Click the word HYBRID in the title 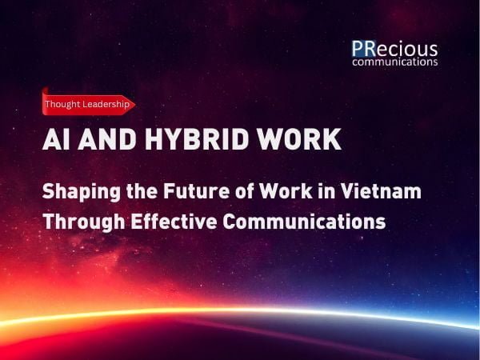197,139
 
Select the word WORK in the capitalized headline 298,139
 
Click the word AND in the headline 107,139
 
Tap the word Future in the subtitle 196,191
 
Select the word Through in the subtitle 83,222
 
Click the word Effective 174,221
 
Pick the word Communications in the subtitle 304,221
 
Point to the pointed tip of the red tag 135,105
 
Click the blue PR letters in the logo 364,49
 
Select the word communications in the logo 395,62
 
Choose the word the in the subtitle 142,191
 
